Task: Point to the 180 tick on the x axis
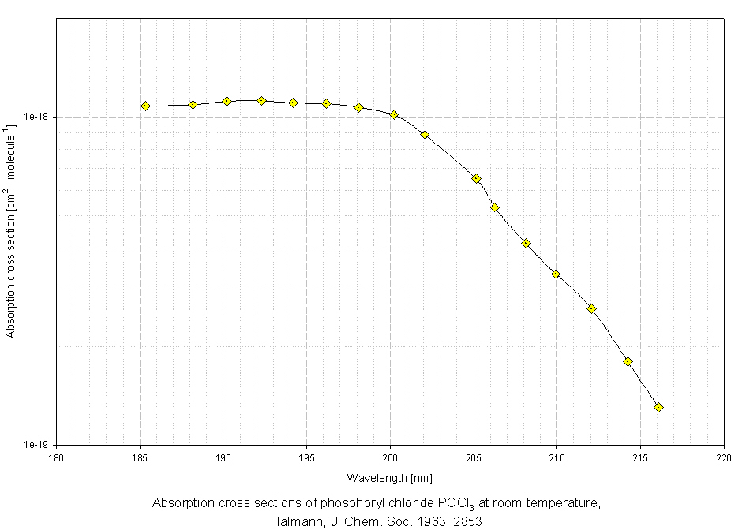56,456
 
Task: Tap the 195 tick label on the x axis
306,456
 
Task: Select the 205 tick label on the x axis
474,456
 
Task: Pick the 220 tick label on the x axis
724,456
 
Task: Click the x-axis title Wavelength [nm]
389,478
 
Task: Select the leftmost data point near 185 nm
145,106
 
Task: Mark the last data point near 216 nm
659,407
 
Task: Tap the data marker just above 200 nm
394,115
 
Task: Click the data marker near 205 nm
477,178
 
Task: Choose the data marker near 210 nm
556,274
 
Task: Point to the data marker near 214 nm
628,361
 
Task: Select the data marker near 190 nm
227,101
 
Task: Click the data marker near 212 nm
591,308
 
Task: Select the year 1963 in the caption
436,521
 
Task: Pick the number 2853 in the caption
468,521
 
